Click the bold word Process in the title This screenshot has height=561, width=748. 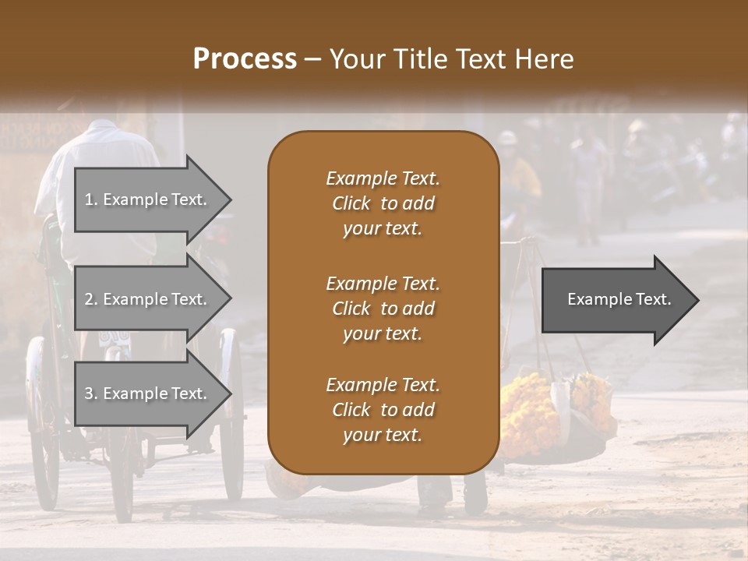tap(245, 59)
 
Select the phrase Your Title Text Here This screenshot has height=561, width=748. tap(452, 59)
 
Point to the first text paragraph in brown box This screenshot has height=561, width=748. tap(383, 203)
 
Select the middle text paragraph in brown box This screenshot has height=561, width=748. tap(383, 309)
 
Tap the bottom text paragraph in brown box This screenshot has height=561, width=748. tap(383, 410)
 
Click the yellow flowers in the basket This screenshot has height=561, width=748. tap(530, 409)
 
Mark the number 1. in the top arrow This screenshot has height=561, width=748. tap(91, 199)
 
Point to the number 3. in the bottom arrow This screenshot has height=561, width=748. tap(91, 393)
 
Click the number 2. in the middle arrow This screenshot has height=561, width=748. tap(91, 299)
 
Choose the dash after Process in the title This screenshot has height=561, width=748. tap(313, 60)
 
